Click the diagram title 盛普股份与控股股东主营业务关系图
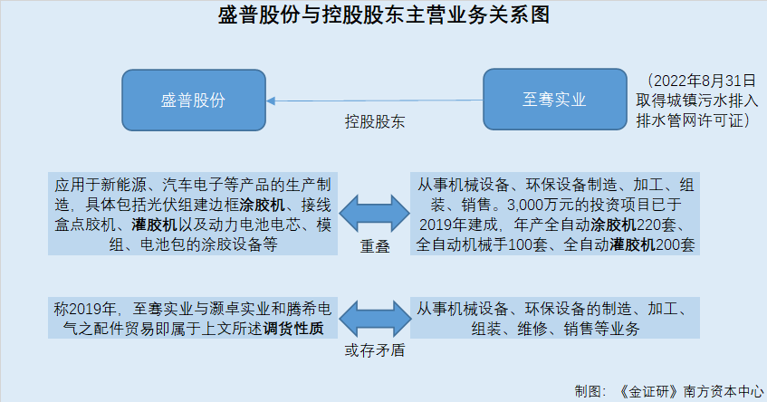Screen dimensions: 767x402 [384, 14]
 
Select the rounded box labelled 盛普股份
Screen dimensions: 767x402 [194, 100]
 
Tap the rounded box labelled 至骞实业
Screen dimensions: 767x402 [555, 100]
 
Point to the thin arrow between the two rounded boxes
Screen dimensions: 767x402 [374, 100]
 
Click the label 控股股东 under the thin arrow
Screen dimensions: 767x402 [375, 121]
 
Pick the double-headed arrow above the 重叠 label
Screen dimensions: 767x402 [374, 214]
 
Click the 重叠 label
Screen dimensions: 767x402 [375, 246]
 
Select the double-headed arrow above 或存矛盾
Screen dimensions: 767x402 [375, 319]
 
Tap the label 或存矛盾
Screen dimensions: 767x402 [375, 350]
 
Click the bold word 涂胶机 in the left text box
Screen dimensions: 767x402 [263, 205]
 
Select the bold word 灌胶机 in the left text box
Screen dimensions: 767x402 [155, 225]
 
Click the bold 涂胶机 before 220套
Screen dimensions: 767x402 [613, 225]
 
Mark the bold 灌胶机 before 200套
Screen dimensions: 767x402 [632, 244]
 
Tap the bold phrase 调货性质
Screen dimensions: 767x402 [293, 329]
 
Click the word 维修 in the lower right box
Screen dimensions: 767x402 [532, 329]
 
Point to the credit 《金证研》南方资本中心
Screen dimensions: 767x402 [691, 391]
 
